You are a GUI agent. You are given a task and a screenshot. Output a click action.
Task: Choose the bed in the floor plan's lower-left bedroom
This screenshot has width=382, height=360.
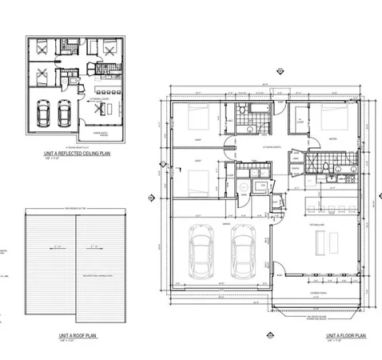click(x=197, y=181)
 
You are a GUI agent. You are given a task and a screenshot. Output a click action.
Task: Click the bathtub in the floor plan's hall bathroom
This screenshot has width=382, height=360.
click(x=257, y=107)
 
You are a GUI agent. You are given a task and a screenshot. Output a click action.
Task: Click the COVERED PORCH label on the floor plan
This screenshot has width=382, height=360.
click(x=321, y=294)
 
